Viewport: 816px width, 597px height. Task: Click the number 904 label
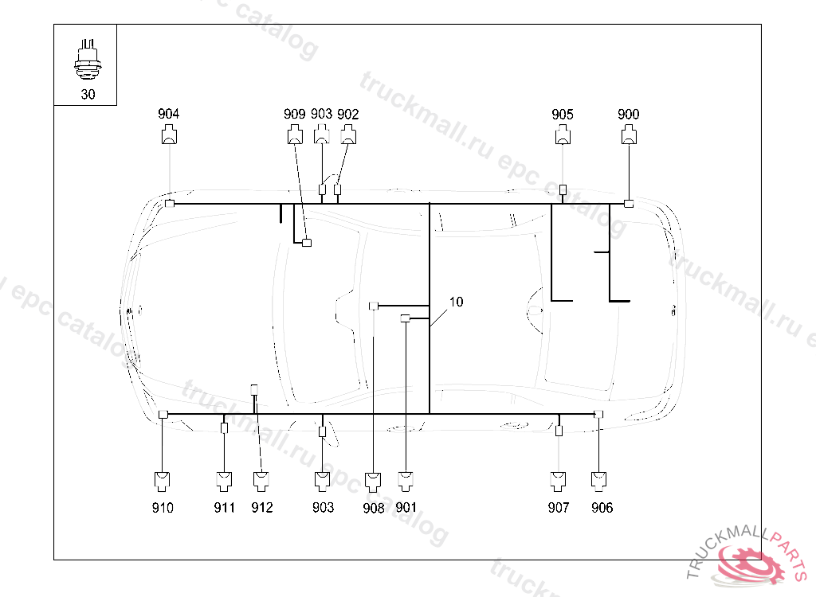[168, 114]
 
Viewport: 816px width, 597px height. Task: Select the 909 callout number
[294, 114]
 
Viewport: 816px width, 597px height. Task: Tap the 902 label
[348, 114]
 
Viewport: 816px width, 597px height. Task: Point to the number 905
[563, 115]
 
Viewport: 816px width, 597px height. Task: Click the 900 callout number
[629, 114]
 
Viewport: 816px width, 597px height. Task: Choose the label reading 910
[163, 507]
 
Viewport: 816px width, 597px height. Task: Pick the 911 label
[224, 507]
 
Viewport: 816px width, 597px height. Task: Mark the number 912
[261, 507]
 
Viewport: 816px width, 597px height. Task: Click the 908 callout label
[373, 508]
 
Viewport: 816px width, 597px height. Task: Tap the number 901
[406, 507]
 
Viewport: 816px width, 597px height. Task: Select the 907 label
[559, 507]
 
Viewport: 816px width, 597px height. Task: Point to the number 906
[602, 507]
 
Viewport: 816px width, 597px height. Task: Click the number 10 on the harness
[456, 302]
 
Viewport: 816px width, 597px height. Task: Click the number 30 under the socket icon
[87, 94]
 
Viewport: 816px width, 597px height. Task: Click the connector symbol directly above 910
[163, 480]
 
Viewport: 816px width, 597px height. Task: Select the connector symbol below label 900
[629, 137]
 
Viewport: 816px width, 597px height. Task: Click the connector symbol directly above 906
[599, 480]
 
